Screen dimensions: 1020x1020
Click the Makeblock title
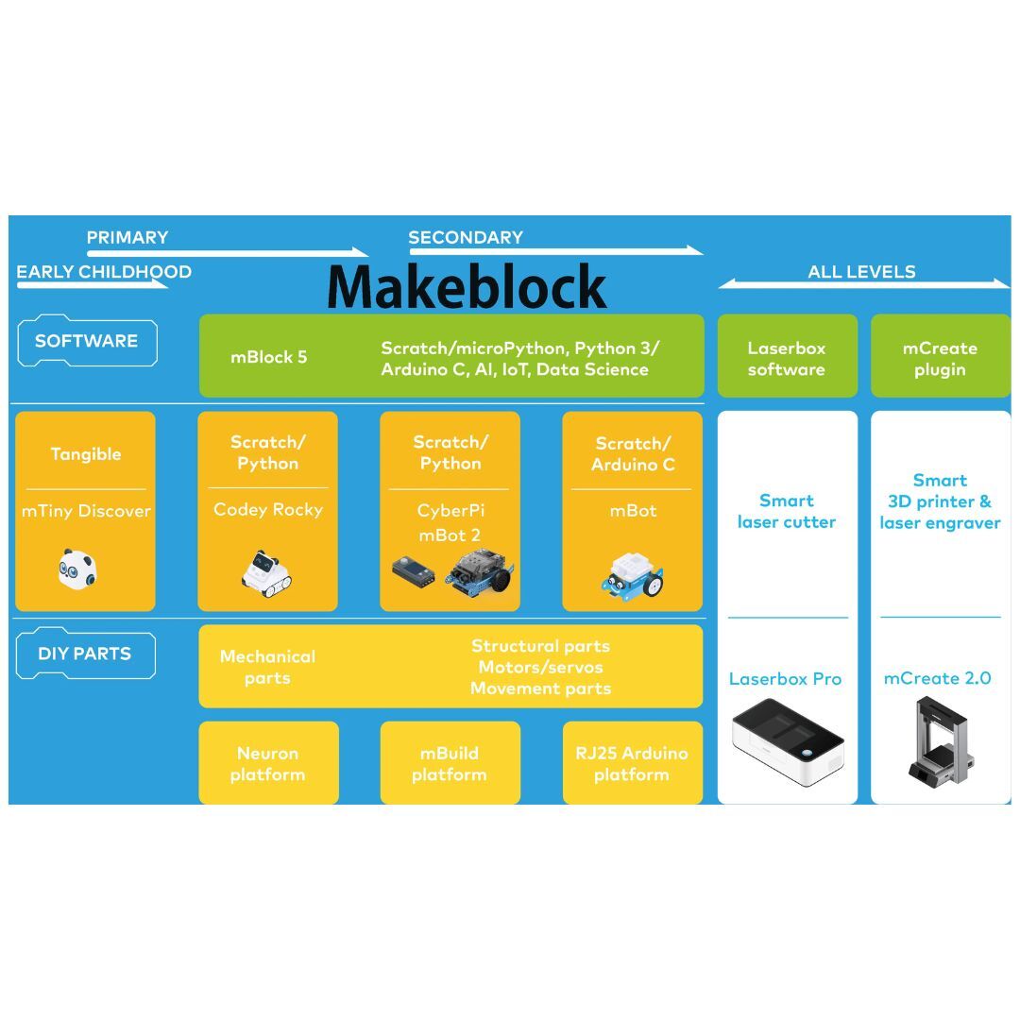click(467, 286)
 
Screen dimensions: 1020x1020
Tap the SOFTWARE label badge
click(87, 341)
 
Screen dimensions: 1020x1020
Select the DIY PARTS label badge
click(85, 654)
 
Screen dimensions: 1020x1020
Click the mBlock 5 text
click(269, 358)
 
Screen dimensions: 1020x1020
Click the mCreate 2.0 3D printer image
click(938, 739)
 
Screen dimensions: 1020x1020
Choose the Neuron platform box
click(268, 763)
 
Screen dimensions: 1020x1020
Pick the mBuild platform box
click(450, 763)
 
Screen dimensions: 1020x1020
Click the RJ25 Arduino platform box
click(632, 763)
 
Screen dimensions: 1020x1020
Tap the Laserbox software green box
click(787, 359)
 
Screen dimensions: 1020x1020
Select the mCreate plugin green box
click(940, 359)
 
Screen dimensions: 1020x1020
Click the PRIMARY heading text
click(127, 238)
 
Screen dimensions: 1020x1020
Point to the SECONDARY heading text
click(466, 238)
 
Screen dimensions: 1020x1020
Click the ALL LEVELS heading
click(861, 272)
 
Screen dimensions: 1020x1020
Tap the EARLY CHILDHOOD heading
click(104, 272)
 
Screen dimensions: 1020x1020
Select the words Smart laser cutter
click(787, 511)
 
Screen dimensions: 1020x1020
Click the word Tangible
click(86, 454)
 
